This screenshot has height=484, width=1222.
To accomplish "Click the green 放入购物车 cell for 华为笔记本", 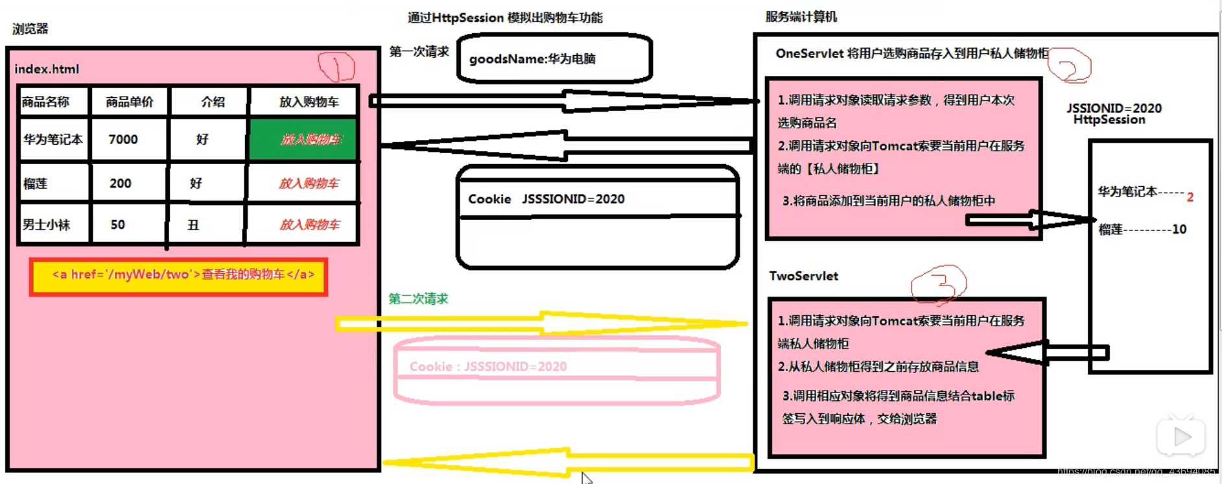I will click(x=303, y=139).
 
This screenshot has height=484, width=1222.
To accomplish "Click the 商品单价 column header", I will click(x=129, y=102).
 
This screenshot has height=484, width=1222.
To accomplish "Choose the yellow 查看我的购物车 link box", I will click(x=179, y=276).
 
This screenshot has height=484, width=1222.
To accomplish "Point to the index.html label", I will click(x=47, y=69).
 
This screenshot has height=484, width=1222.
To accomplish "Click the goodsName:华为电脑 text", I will click(x=532, y=59).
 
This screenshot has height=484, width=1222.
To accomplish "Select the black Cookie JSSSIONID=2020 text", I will click(x=546, y=199).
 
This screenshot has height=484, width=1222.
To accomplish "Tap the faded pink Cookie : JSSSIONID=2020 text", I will click(x=488, y=367).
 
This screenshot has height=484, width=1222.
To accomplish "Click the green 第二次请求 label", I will click(x=418, y=298).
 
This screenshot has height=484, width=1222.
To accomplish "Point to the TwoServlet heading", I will click(x=803, y=276).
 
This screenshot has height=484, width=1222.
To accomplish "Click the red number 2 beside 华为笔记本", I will click(x=1190, y=197).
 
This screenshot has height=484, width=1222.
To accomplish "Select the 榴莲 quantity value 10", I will click(x=1179, y=229).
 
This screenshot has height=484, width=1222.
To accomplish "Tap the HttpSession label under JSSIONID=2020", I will click(x=1109, y=120).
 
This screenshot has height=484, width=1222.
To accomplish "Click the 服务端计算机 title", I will click(x=801, y=17).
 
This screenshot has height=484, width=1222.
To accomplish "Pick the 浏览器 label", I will click(x=30, y=29).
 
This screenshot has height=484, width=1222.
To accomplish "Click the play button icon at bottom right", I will click(x=1181, y=437).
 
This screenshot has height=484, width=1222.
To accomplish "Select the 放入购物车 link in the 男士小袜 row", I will click(x=309, y=225).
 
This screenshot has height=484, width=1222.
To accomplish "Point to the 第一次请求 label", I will click(x=419, y=52).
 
